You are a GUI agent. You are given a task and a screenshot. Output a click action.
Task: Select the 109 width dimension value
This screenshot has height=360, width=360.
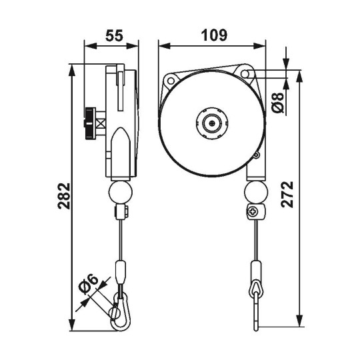[212, 35]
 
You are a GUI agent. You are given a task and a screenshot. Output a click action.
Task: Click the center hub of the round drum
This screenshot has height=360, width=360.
[212, 123]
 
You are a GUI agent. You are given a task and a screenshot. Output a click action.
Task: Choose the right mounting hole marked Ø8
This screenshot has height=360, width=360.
[247, 73]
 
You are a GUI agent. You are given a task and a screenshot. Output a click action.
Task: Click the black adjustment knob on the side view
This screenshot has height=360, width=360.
[88, 123]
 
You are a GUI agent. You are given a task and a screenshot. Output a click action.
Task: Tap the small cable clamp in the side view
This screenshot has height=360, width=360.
[121, 213]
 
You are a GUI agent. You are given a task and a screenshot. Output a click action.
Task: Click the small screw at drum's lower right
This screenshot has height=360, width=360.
[255, 156]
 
